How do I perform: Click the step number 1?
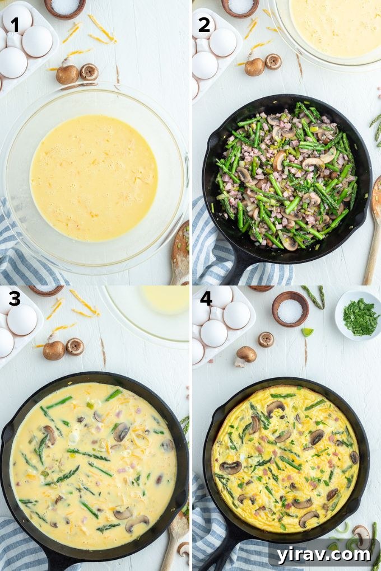click(x=15, y=25)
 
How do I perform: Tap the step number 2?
click(x=205, y=25)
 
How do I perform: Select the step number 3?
click(x=15, y=299)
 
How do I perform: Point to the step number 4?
click(x=206, y=299)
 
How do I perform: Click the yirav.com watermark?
click(x=323, y=554)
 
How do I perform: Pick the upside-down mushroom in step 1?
click(x=89, y=72)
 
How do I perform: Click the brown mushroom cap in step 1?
click(x=67, y=74)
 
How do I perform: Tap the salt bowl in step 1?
click(x=65, y=7)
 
